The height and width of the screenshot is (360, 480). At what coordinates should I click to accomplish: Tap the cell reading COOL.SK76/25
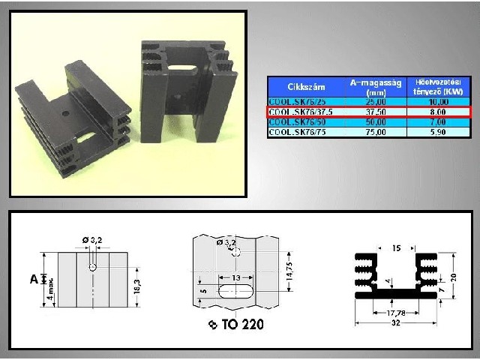294,101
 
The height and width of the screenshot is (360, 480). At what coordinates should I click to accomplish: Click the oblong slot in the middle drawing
235,290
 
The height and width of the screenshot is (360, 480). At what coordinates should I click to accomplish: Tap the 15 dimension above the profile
397,247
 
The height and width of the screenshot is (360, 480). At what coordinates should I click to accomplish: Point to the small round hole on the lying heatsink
65,114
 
